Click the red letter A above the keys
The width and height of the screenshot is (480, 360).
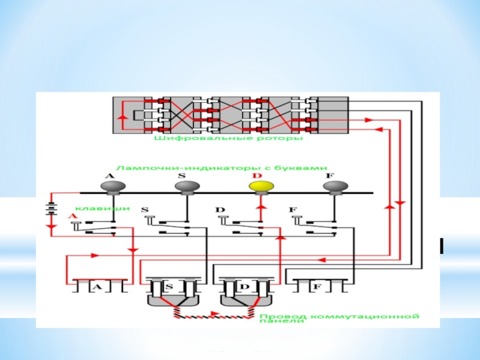[73, 216]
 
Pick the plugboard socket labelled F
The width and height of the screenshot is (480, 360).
[317, 287]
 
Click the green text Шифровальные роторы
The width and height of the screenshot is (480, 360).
[229, 138]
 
